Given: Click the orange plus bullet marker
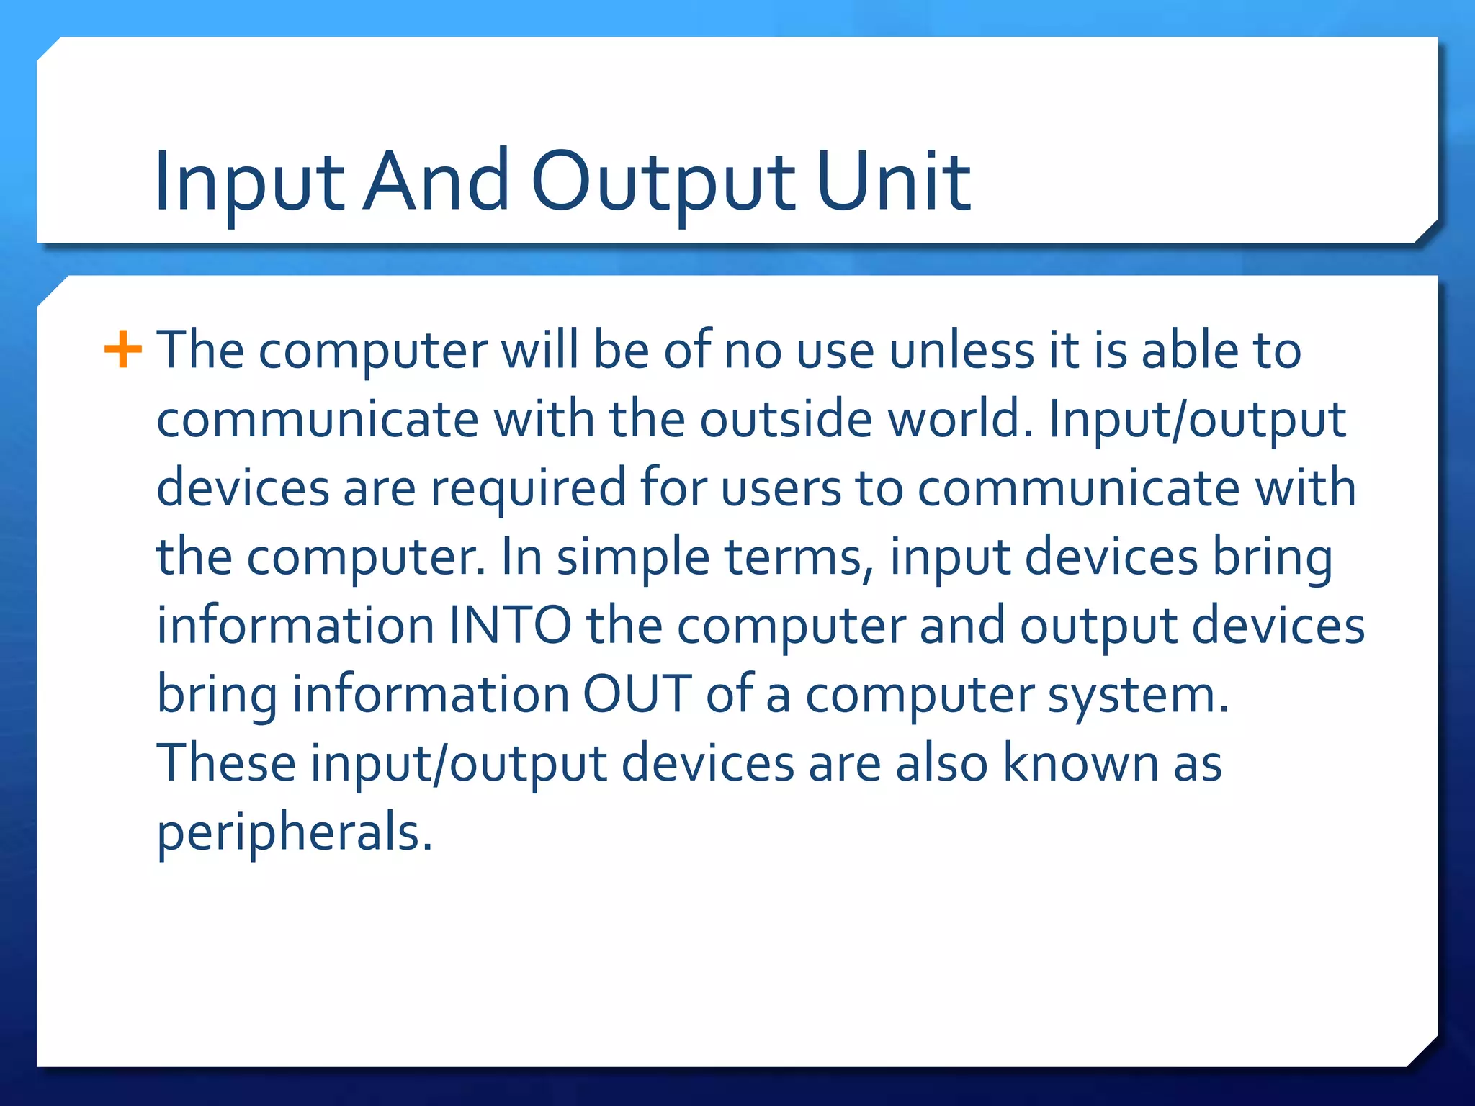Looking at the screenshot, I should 123,351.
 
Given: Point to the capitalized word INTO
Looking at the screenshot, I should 511,625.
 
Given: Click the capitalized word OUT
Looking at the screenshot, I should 637,694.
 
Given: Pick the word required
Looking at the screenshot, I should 529,487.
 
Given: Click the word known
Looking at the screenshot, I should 1081,763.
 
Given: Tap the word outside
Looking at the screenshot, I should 786,418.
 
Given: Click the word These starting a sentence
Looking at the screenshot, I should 226,763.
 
